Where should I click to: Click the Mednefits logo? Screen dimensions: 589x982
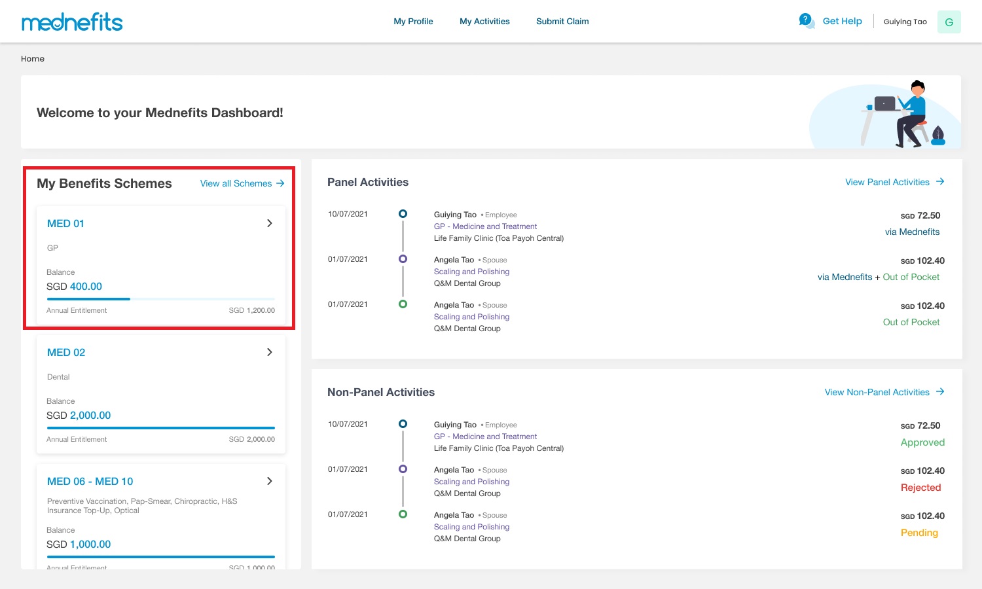click(72, 22)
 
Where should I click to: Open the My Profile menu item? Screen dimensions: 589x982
click(413, 22)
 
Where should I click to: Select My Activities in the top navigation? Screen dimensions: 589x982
click(484, 22)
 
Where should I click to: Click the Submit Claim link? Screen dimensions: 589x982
click(562, 22)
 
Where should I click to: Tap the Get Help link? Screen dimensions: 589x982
click(842, 21)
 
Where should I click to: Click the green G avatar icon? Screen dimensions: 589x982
click(949, 22)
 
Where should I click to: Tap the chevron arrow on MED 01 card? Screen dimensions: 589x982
click(270, 223)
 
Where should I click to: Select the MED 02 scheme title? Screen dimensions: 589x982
click(66, 352)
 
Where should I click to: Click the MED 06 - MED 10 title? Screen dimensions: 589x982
click(90, 481)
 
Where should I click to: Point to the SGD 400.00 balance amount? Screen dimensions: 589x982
click(74, 286)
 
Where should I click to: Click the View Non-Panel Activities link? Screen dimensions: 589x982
click(884, 392)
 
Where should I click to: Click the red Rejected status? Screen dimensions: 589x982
click(920, 488)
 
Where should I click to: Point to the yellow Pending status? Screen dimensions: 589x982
click(919, 533)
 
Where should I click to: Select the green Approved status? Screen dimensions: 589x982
click(922, 442)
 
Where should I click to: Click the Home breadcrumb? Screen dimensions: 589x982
click(33, 59)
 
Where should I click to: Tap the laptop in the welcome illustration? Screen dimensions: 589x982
click(884, 103)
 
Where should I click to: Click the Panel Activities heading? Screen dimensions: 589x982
click(368, 182)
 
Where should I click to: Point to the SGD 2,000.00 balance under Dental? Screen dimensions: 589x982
click(79, 415)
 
